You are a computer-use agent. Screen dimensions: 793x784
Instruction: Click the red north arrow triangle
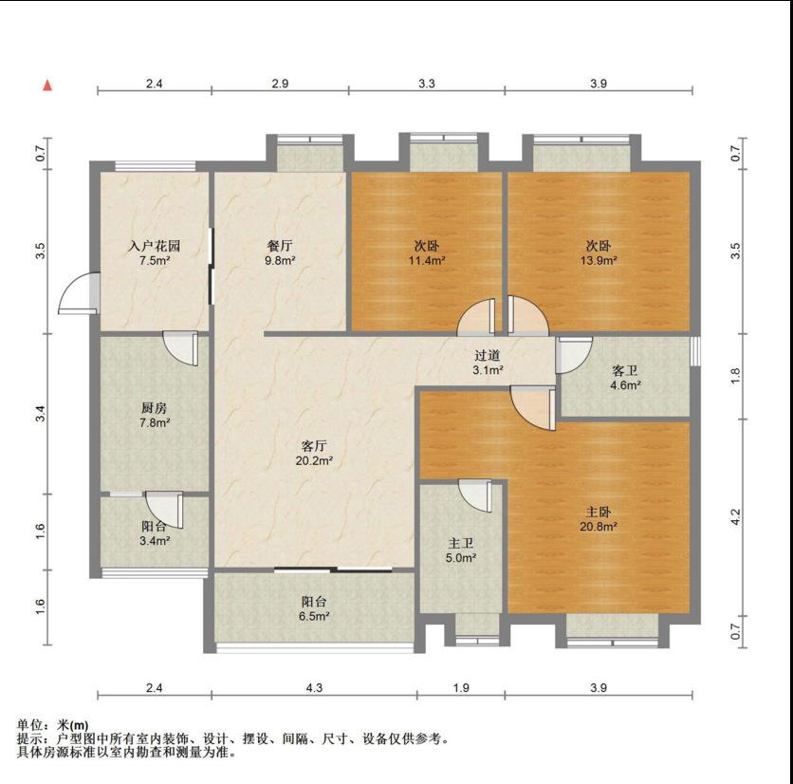(x=47, y=85)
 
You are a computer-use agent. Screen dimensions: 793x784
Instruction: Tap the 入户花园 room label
(x=155, y=247)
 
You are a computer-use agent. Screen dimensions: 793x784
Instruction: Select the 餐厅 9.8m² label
(x=280, y=253)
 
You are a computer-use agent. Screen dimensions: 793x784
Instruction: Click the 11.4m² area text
(x=428, y=261)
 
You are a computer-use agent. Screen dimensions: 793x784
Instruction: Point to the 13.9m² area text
(x=599, y=261)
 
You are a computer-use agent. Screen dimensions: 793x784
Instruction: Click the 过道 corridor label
(x=488, y=356)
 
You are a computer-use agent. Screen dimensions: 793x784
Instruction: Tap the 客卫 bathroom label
(x=624, y=371)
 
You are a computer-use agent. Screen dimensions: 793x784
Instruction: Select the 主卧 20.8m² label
(x=599, y=519)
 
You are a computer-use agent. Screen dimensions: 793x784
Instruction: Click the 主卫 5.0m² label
(x=461, y=551)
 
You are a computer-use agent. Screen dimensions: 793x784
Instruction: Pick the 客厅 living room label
(x=314, y=446)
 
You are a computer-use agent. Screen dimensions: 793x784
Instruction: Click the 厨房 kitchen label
(x=155, y=408)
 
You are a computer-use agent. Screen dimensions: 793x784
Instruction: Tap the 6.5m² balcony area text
(x=315, y=616)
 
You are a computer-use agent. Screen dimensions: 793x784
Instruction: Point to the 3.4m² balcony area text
(x=155, y=541)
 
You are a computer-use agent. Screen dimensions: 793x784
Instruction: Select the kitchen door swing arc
(x=180, y=348)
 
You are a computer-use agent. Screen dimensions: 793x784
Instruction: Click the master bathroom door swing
(x=475, y=495)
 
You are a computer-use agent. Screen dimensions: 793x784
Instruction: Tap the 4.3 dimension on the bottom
(x=314, y=688)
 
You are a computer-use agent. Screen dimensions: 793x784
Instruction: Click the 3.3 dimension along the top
(x=427, y=83)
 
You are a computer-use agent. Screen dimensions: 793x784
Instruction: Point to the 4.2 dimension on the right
(x=736, y=517)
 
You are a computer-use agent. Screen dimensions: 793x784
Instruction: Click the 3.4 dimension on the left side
(x=41, y=414)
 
